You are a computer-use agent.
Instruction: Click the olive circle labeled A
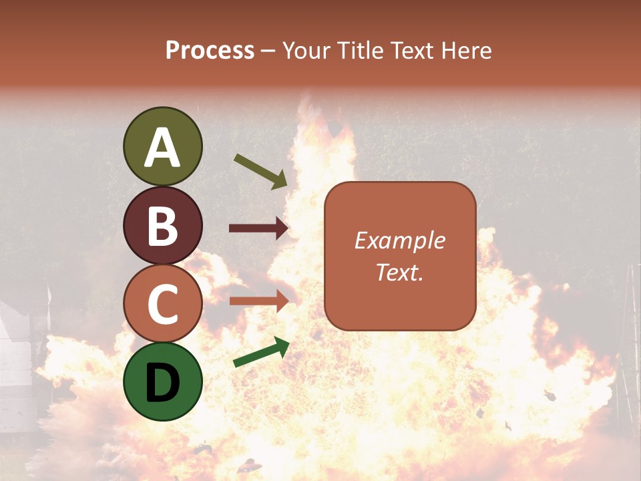[x=162, y=146]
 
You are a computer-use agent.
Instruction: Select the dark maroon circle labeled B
[x=162, y=225]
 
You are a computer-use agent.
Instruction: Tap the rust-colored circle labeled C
[x=162, y=303]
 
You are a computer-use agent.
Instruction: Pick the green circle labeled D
[x=162, y=381]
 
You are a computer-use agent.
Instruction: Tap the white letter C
[x=162, y=304]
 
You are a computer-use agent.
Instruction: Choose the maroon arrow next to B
[x=258, y=228]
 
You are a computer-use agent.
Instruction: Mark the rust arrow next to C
[x=258, y=301]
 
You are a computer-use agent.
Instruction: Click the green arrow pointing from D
[x=261, y=352]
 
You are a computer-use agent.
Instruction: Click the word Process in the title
[x=210, y=51]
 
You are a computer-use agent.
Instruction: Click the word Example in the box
[x=400, y=240]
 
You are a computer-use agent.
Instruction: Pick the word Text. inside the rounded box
[x=400, y=273]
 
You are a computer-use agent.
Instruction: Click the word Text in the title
[x=411, y=51]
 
